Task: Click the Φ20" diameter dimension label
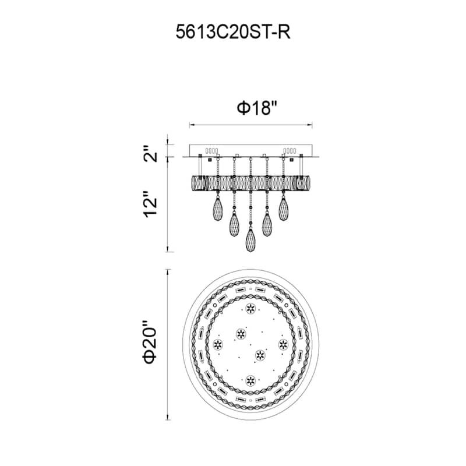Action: coord(151,344)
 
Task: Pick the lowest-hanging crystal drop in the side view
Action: coord(250,239)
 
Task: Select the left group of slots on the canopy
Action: coord(211,150)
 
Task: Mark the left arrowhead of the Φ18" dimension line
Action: coord(190,124)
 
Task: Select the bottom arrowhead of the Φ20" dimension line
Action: coord(168,415)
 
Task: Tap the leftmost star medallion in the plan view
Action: coord(218,345)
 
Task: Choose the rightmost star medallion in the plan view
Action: coord(284,344)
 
